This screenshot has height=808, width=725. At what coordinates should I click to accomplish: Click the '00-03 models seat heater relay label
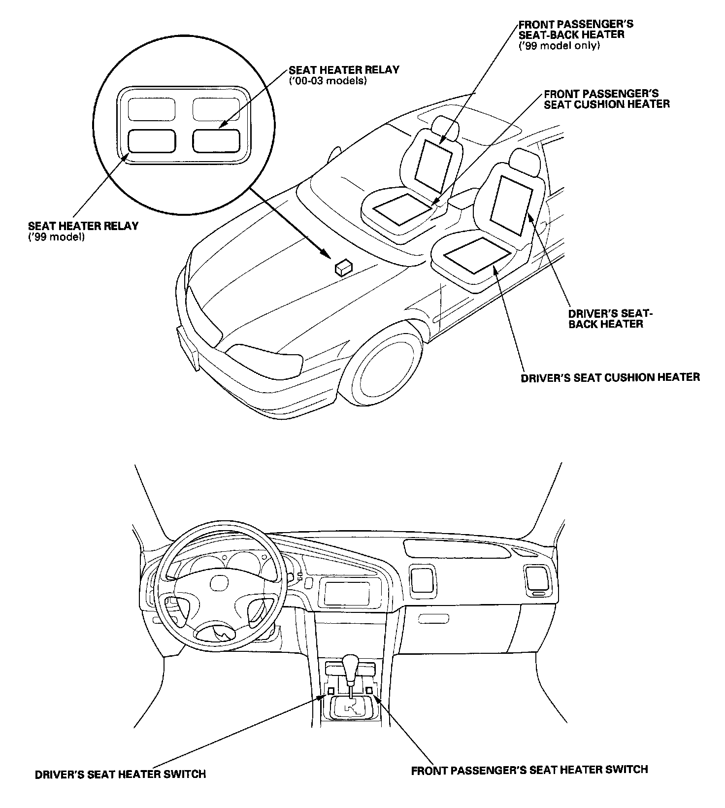pyautogui.click(x=344, y=75)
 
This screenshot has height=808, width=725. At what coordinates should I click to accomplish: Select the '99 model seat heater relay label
pyautogui.click(x=83, y=231)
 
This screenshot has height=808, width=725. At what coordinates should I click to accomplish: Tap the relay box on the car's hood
pyautogui.click(x=343, y=268)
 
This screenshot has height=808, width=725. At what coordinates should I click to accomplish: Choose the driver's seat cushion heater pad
pyautogui.click(x=477, y=254)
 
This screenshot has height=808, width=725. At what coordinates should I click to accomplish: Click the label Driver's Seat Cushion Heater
pyautogui.click(x=610, y=377)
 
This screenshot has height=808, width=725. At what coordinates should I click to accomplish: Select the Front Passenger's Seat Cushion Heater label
pyautogui.click(x=606, y=99)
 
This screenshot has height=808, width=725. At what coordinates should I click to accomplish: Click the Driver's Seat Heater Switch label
pyautogui.click(x=120, y=774)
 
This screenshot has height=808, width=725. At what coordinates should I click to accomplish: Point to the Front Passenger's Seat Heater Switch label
pyautogui.click(x=529, y=770)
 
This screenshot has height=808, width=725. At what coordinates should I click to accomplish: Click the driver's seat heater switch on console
pyautogui.click(x=331, y=691)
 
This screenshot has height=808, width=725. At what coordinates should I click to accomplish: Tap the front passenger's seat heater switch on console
pyautogui.click(x=369, y=691)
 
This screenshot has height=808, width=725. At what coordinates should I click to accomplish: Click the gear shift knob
pyautogui.click(x=350, y=663)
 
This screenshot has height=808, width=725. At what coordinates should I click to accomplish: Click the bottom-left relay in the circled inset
pyautogui.click(x=152, y=141)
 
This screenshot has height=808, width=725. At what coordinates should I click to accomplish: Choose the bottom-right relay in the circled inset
pyautogui.click(x=216, y=141)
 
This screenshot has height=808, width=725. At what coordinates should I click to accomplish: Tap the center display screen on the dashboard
pyautogui.click(x=346, y=594)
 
